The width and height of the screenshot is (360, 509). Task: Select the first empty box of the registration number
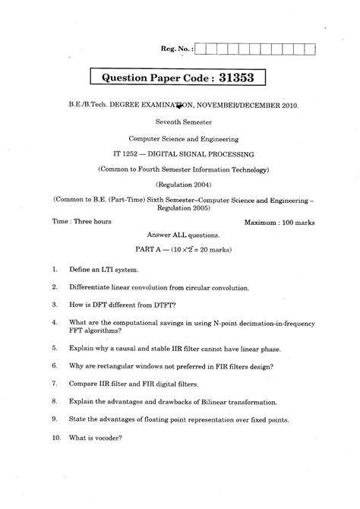pyautogui.click(x=201, y=49)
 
